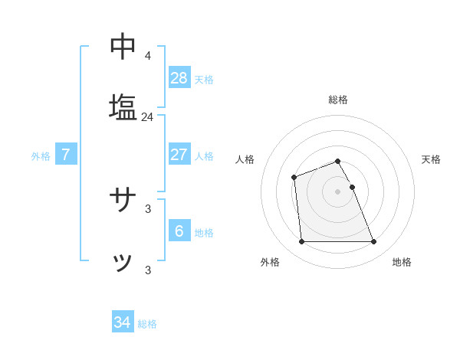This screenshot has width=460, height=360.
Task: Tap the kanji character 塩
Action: [x=123, y=107]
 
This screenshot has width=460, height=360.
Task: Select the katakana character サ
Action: [x=123, y=201]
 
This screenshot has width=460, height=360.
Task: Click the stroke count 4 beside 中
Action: [x=147, y=56]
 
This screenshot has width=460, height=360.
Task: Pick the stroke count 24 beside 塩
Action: [x=147, y=117]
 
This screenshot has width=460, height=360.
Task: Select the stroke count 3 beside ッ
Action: [x=147, y=270]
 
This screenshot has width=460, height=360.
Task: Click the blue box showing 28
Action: [x=179, y=77]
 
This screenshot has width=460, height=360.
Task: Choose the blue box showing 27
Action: [x=179, y=154]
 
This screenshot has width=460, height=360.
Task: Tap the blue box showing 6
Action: [x=179, y=231]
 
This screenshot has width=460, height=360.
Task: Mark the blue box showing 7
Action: [x=66, y=154]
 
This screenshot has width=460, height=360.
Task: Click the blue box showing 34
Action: [x=123, y=322]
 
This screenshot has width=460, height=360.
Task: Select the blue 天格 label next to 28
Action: [x=204, y=80]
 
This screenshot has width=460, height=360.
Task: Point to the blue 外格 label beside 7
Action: [x=41, y=156]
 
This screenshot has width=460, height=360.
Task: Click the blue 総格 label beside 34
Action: [x=147, y=324]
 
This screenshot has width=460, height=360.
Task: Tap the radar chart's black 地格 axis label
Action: [x=402, y=263]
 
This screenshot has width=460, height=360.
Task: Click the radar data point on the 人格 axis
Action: [x=294, y=178]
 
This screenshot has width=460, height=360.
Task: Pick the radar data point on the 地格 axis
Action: [x=373, y=242]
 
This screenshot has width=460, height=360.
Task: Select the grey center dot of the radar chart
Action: [x=337, y=191]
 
